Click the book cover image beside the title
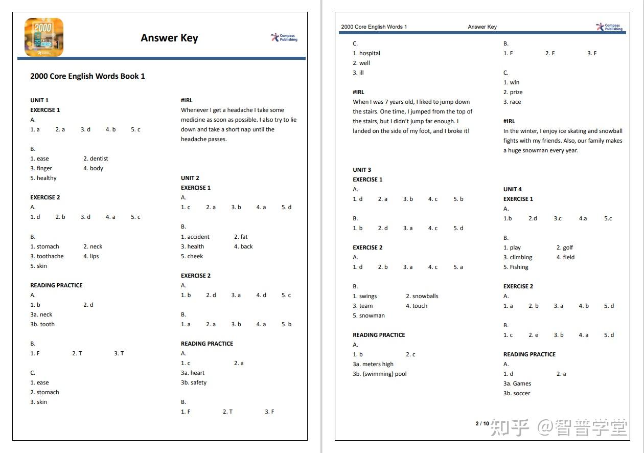(44, 37)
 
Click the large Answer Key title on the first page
(169, 38)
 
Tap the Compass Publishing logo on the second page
(609, 27)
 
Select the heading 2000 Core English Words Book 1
(87, 76)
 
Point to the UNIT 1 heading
(39, 100)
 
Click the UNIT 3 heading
(362, 170)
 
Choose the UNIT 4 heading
(513, 189)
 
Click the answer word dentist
(99, 158)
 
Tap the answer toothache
(50, 256)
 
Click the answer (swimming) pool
(380, 374)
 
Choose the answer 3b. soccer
(517, 393)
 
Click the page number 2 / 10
(482, 423)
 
